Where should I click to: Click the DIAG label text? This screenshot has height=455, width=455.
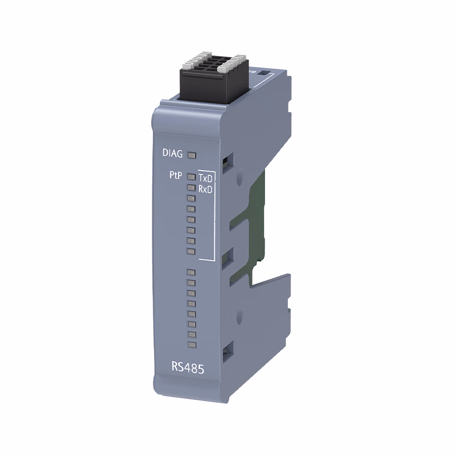(172, 153)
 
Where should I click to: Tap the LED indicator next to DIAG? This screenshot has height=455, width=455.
(192, 155)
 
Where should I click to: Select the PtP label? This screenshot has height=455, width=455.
(176, 175)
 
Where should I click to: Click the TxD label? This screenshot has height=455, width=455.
(205, 177)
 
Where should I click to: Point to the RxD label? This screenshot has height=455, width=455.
(205, 189)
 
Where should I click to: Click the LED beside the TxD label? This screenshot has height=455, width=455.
(191, 176)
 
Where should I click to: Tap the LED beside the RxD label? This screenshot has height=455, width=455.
(191, 188)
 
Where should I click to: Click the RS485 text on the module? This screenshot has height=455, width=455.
(188, 367)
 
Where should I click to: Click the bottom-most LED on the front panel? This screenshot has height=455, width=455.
(192, 345)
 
